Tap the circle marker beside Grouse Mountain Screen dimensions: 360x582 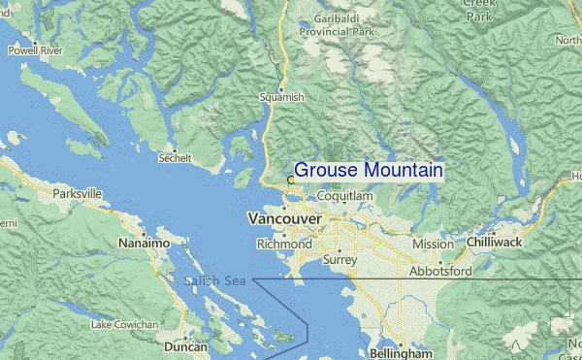coord(290,179)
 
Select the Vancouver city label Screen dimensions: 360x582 coord(284,220)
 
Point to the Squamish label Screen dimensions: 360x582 coord(282,97)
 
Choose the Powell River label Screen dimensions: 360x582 coord(36,50)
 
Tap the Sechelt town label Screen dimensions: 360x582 coord(175,157)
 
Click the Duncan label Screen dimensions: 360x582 coord(185,346)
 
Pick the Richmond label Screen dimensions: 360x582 coord(284,245)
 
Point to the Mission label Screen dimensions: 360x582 coord(433,245)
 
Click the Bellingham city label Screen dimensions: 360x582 coord(401,354)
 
